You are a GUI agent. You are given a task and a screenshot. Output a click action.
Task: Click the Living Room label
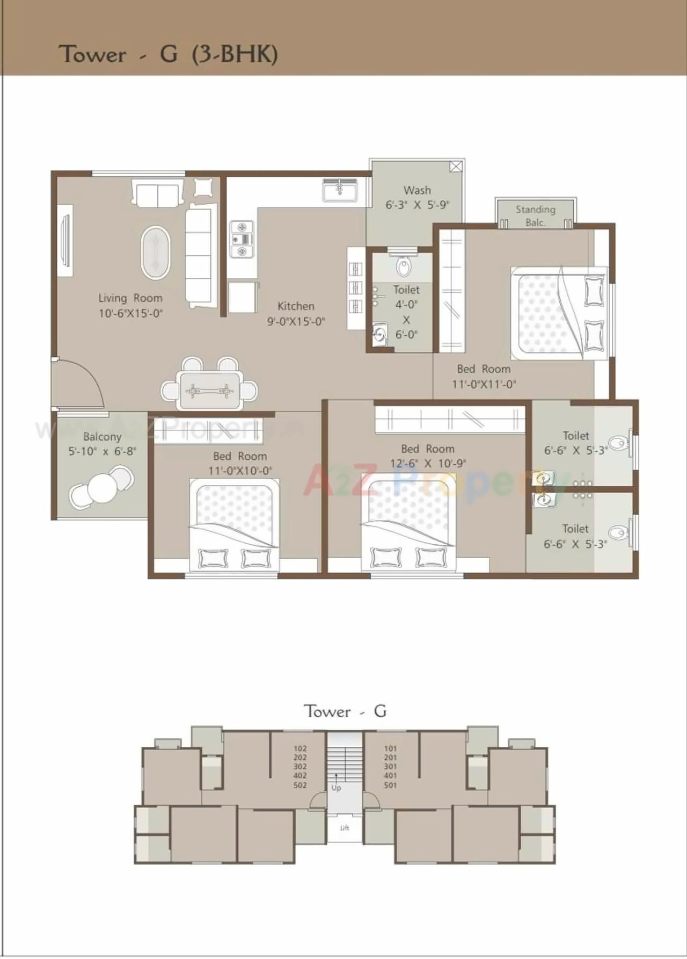[130, 298]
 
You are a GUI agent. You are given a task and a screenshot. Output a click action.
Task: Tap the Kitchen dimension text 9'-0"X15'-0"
[296, 321]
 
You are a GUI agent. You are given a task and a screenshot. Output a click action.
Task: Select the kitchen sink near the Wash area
[340, 190]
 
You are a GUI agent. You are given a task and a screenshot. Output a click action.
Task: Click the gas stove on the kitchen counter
[241, 239]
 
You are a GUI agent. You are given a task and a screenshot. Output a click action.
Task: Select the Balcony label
[102, 437]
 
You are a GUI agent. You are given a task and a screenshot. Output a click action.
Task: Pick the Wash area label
[417, 190]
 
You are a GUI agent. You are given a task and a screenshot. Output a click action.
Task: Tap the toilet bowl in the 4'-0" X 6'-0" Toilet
[404, 266]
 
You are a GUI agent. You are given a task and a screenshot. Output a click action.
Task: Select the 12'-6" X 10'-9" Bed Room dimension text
[428, 463]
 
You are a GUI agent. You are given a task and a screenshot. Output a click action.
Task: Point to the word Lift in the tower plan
[345, 828]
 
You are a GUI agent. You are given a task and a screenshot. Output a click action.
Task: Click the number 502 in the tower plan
[300, 785]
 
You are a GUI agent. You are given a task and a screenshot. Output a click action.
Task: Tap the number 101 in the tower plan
[390, 748]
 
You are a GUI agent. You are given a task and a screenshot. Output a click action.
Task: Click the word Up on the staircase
[336, 788]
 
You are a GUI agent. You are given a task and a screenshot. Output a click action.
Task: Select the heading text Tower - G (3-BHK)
[168, 54]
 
